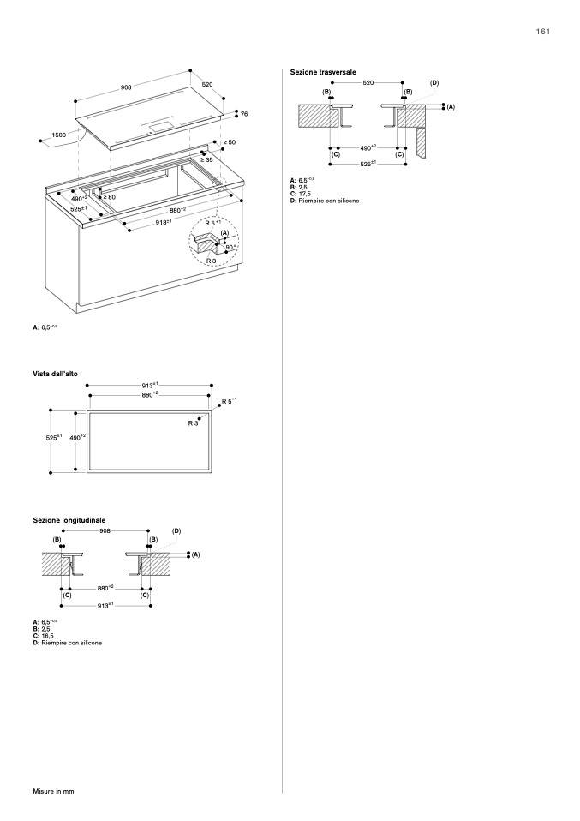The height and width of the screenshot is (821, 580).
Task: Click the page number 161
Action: (543, 32)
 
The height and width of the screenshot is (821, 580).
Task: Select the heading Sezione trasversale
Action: (323, 72)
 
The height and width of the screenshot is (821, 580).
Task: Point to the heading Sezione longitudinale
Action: (69, 520)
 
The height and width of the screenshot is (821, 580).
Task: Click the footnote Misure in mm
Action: (54, 790)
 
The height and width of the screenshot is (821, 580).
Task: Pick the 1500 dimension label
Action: (59, 135)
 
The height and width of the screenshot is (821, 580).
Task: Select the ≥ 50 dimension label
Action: (230, 141)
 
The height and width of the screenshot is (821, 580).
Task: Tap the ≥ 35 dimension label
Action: (208, 159)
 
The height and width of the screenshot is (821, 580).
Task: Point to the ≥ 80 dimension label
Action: (109, 197)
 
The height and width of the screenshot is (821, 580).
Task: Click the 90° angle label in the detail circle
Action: (229, 247)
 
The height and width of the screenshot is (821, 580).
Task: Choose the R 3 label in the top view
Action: (194, 422)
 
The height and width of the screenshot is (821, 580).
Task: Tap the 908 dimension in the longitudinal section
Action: (105, 531)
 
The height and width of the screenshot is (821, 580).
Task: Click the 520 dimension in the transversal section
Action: (368, 82)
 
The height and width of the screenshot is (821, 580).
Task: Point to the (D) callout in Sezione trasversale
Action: (434, 82)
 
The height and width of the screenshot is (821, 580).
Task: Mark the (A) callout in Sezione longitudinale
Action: (195, 554)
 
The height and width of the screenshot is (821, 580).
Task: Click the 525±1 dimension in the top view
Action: (54, 438)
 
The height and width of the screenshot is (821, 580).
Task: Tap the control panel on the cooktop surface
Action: (159, 126)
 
